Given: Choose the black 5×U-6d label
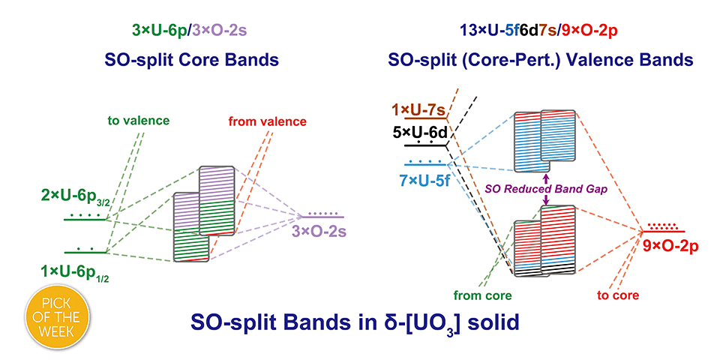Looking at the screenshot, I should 420,133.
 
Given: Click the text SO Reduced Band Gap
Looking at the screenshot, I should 546,189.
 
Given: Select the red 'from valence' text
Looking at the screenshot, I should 268,121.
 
